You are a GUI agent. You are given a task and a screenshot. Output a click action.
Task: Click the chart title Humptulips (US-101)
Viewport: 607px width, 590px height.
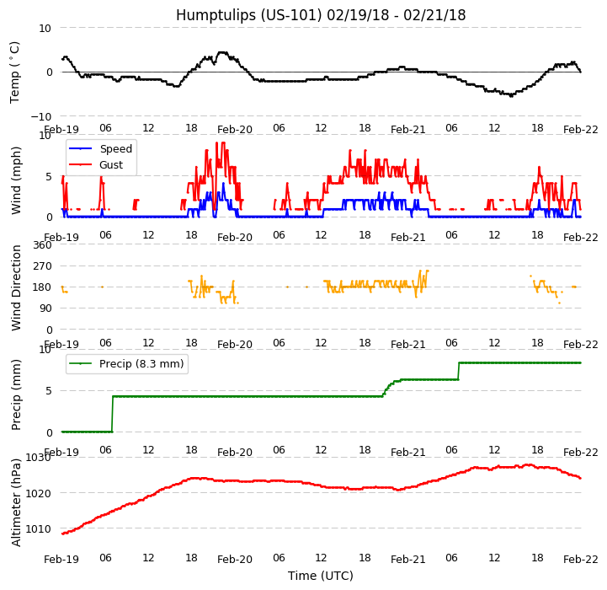pyautogui.click(x=320, y=15)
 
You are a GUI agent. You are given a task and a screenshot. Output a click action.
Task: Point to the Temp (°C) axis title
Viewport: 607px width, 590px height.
pyautogui.click(x=15, y=72)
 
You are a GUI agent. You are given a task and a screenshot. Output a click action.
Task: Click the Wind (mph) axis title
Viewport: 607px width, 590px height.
pyautogui.click(x=16, y=180)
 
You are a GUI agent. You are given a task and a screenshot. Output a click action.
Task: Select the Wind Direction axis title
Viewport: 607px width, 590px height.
pyautogui.click(x=16, y=287)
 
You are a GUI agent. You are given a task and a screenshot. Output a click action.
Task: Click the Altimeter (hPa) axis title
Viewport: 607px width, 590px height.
pyautogui.click(x=16, y=501)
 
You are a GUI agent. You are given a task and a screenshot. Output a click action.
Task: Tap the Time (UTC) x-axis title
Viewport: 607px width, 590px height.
pyautogui.click(x=321, y=576)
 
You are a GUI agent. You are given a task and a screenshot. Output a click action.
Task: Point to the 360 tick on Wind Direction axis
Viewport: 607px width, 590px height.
pyautogui.click(x=42, y=245)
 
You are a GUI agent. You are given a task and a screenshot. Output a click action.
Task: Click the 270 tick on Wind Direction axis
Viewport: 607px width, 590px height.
pyautogui.click(x=42, y=266)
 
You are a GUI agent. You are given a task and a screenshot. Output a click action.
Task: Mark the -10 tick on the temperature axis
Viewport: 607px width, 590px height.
pyautogui.click(x=40, y=116)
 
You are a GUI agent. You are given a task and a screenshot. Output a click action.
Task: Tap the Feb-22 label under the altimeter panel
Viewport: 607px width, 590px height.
pyautogui.click(x=581, y=560)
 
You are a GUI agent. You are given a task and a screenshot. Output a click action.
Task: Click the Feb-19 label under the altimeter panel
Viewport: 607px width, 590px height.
pyautogui.click(x=61, y=560)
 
